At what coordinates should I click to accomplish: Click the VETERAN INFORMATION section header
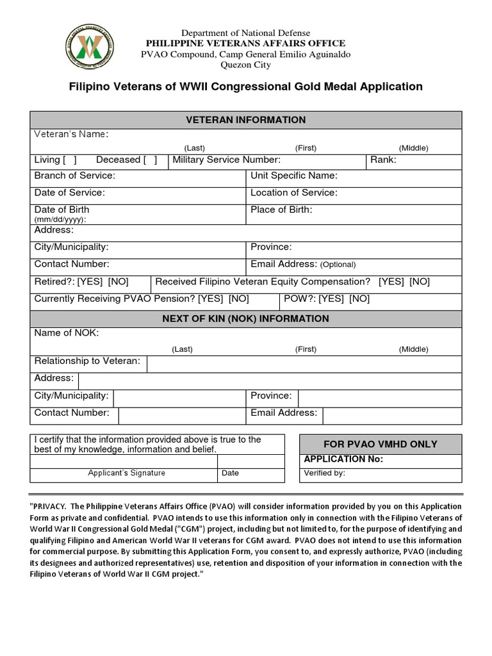click(x=245, y=120)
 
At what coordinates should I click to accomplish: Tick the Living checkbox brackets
click(x=70, y=160)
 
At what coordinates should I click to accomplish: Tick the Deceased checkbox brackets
click(x=151, y=160)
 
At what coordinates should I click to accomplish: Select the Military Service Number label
click(x=226, y=160)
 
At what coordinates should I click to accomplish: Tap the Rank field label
click(x=383, y=160)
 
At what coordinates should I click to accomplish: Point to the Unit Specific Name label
click(x=294, y=176)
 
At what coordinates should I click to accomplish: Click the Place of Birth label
click(x=281, y=209)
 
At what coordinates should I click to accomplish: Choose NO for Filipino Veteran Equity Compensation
click(x=420, y=281)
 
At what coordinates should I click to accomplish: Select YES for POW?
click(x=331, y=299)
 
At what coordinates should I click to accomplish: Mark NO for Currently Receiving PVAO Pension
click(x=239, y=299)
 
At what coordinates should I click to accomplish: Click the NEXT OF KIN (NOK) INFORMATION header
click(x=245, y=318)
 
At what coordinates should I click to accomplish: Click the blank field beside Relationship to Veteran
click(x=304, y=364)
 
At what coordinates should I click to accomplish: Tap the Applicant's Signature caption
click(x=126, y=473)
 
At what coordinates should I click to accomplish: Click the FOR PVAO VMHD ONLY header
click(x=381, y=444)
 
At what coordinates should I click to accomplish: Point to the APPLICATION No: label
click(x=343, y=459)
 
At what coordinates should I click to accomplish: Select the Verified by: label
click(x=324, y=473)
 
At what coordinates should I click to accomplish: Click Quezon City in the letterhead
click(x=245, y=65)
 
